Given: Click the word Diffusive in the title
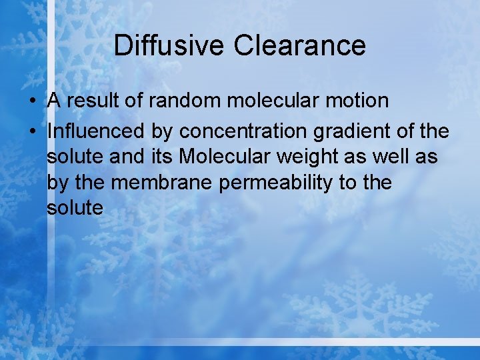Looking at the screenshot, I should (x=169, y=46).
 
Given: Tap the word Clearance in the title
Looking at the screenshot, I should (x=300, y=46).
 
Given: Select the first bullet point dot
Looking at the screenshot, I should (x=32, y=101).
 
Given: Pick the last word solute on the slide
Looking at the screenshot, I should (x=75, y=208).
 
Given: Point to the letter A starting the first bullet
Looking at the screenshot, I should (x=54, y=101).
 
